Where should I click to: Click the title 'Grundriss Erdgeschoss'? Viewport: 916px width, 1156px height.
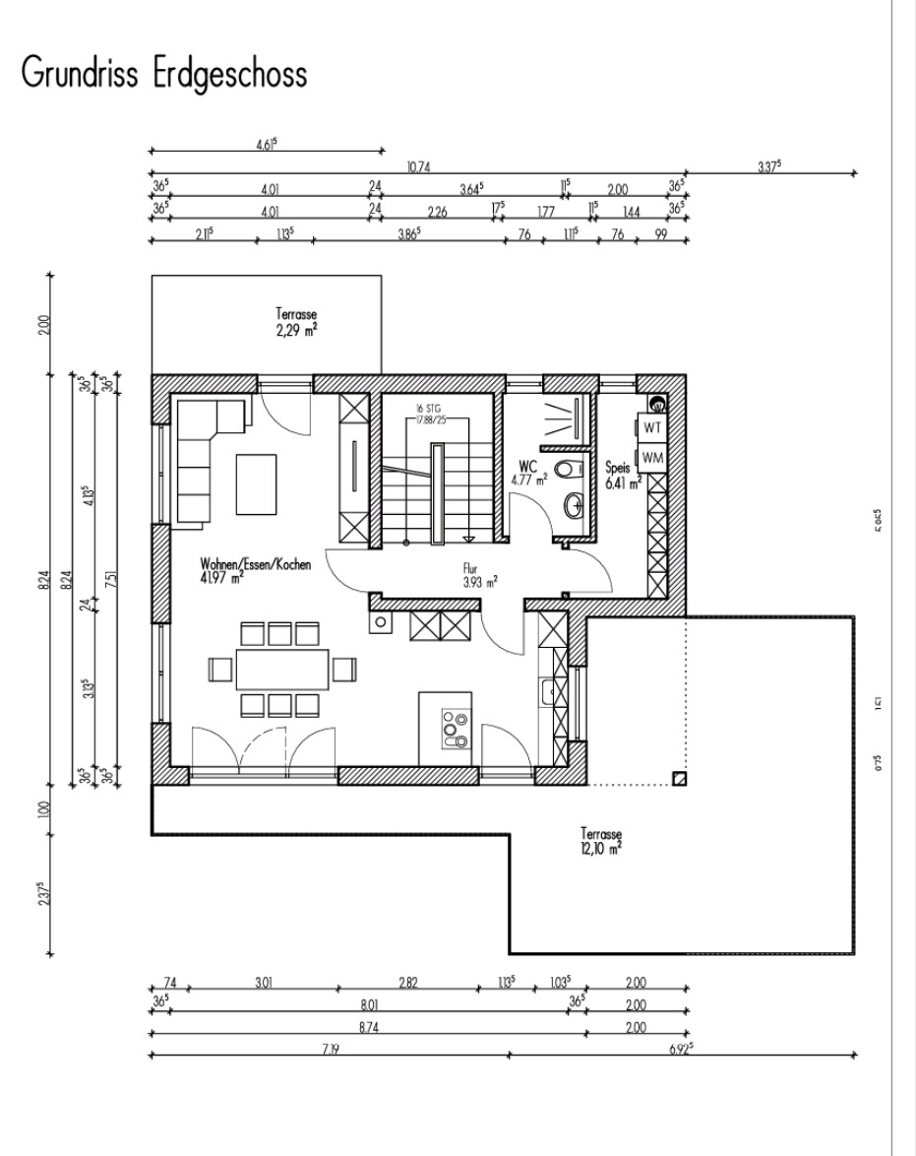(162, 75)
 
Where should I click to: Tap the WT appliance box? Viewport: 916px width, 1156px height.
(651, 427)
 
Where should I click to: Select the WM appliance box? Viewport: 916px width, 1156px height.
(651, 458)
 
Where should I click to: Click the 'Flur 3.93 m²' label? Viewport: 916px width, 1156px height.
(479, 575)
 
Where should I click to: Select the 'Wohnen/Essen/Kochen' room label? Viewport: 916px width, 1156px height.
(256, 570)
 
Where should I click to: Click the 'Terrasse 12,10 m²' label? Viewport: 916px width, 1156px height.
(600, 839)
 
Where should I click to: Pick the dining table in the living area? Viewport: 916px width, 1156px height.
(281, 669)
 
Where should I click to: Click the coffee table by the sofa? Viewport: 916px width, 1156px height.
(255, 482)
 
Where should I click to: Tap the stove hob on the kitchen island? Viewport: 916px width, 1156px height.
(456, 728)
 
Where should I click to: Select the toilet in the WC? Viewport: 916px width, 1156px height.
(570, 469)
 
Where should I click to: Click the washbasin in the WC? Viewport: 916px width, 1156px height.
(574, 506)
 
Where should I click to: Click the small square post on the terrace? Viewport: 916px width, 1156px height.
(678, 779)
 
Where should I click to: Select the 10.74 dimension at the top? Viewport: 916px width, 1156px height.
(418, 167)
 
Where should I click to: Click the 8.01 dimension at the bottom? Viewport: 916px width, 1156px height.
(369, 1005)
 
